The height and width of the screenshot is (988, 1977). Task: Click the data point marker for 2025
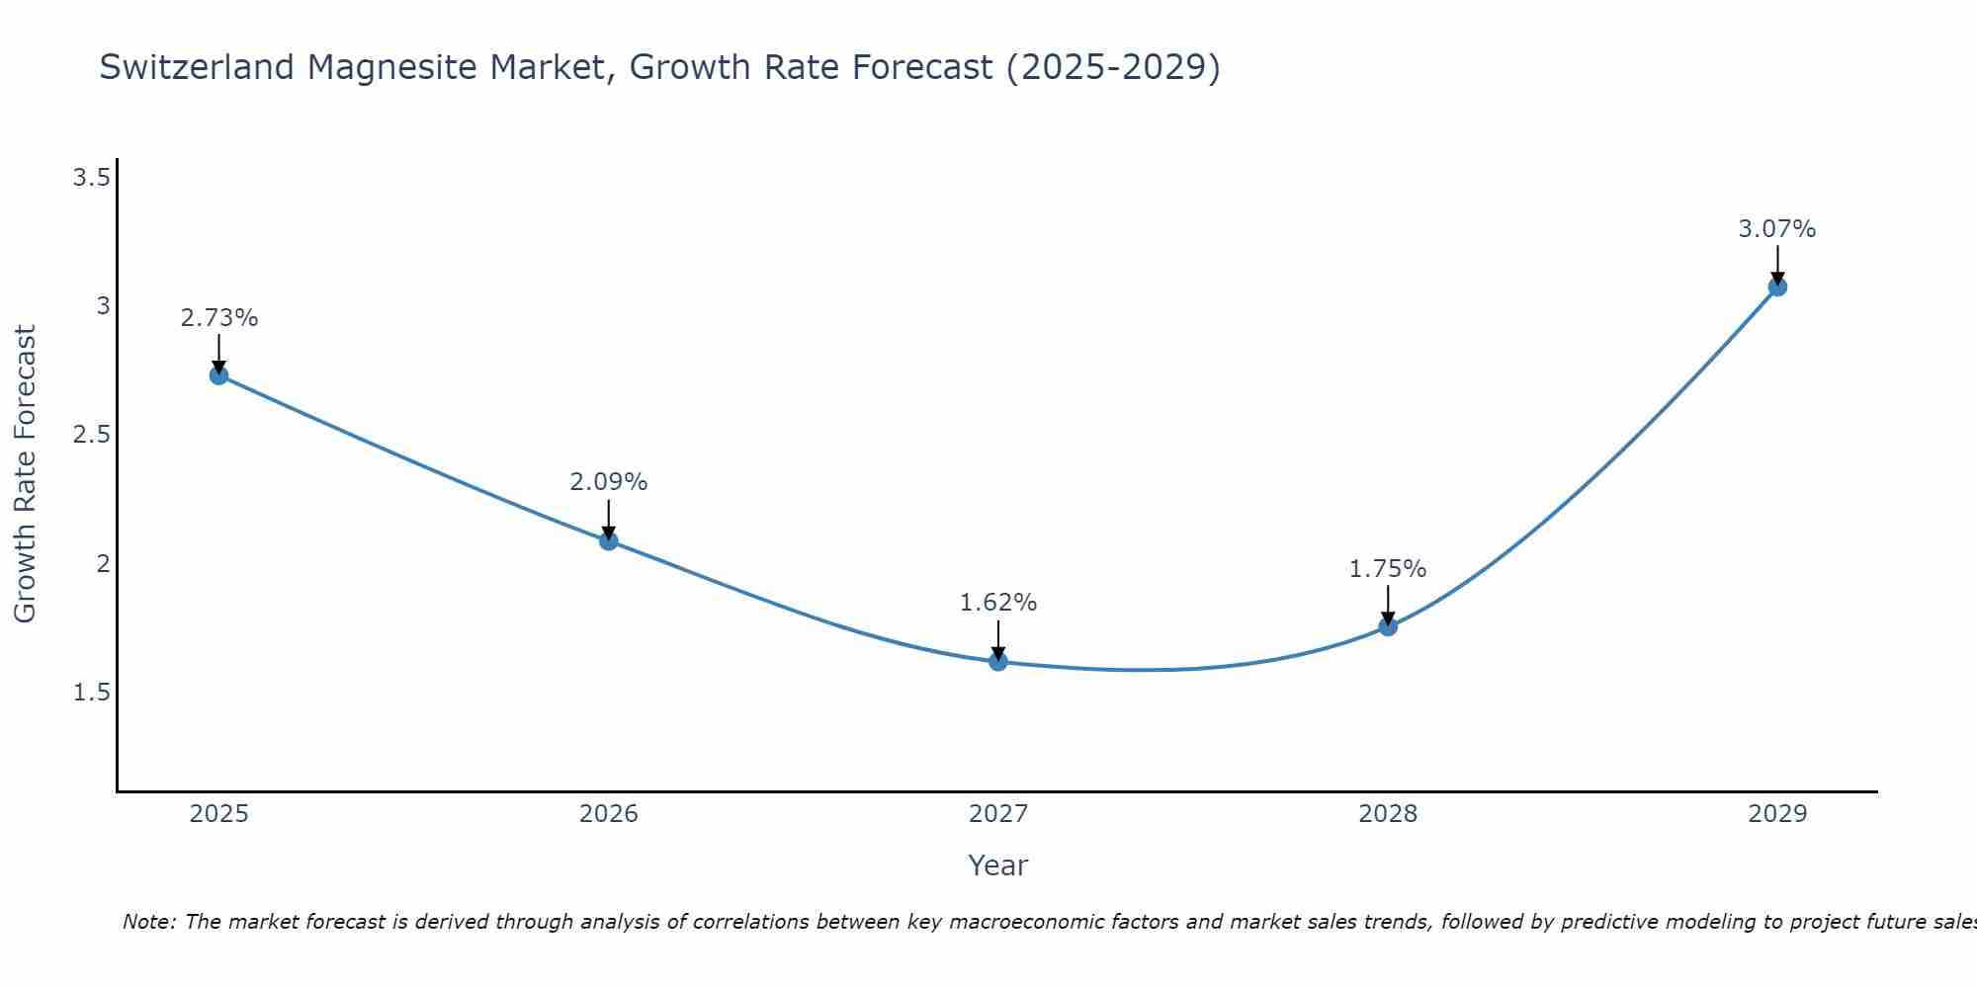pos(218,375)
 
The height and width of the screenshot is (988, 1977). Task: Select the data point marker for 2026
pos(609,540)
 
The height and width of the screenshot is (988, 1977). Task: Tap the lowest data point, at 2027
pos(998,662)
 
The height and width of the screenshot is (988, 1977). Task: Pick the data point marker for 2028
pos(1388,626)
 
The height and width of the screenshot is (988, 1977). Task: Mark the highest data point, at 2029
pos(1777,288)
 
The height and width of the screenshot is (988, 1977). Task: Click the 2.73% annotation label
pos(218,318)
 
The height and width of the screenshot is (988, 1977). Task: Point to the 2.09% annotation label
pos(608,482)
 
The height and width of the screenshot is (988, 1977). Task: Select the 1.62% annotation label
pos(998,603)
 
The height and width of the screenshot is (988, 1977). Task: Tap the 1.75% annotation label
pos(1388,569)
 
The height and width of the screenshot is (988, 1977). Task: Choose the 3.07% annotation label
pos(1777,229)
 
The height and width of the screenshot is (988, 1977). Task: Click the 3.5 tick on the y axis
pos(91,178)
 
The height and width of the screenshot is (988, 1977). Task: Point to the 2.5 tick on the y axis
pos(91,435)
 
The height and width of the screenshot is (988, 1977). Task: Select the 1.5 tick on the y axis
pos(91,693)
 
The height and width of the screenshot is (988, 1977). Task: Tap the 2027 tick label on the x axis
pos(998,814)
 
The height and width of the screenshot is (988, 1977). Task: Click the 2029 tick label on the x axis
pos(1777,814)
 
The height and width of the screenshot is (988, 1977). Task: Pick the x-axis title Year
pos(998,865)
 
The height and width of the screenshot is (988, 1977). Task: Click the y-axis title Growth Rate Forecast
pos(25,474)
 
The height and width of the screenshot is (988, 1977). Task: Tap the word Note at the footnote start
pos(148,922)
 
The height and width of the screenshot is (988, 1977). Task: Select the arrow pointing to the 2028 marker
pos(1388,606)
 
